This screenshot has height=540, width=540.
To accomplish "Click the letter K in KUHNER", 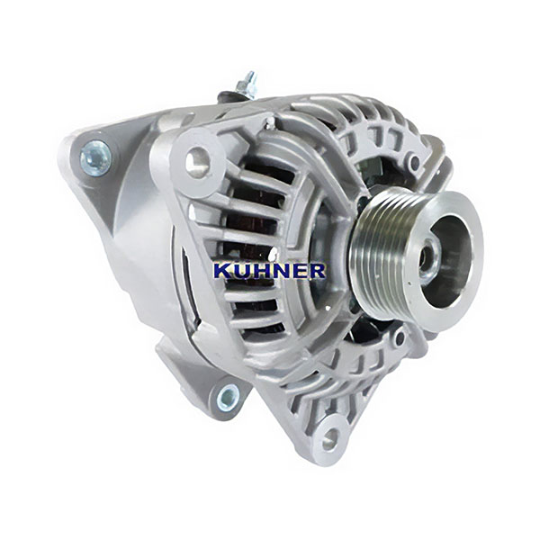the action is click(222, 271).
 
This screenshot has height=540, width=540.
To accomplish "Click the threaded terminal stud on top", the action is click(247, 85).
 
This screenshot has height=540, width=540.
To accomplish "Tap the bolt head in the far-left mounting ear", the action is click(95, 158).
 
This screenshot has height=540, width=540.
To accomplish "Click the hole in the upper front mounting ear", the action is click(198, 161).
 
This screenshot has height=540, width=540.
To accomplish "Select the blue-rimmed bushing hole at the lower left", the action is click(228, 399).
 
